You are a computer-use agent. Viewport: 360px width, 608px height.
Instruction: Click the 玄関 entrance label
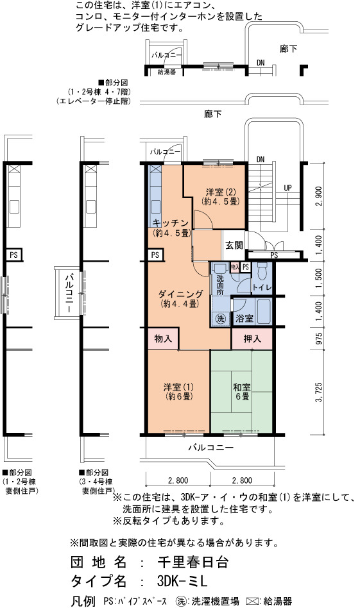(x=234, y=245)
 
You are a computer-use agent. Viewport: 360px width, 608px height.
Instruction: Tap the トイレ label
(x=262, y=288)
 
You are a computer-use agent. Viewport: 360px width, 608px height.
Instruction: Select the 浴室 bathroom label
(x=244, y=318)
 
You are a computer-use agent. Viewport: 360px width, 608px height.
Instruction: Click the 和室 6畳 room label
(x=242, y=392)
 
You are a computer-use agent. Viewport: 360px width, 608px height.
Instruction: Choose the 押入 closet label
(x=252, y=339)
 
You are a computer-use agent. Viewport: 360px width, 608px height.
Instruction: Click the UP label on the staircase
(x=287, y=188)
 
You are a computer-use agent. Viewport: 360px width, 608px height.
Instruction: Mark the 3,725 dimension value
(x=319, y=393)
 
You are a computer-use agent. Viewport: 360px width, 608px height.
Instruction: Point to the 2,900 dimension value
(x=319, y=197)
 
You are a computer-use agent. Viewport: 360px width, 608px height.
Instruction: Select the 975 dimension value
(x=319, y=339)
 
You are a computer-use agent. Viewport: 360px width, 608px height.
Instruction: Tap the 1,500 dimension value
(x=319, y=278)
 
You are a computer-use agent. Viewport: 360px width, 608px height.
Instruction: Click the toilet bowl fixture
(x=262, y=271)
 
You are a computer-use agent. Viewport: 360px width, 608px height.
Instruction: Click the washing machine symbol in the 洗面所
(x=220, y=319)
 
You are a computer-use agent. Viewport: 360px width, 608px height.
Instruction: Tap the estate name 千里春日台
(x=193, y=562)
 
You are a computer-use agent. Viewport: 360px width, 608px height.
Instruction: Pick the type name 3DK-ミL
(x=182, y=581)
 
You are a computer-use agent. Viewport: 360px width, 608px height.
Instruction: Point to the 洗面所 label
(x=220, y=285)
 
